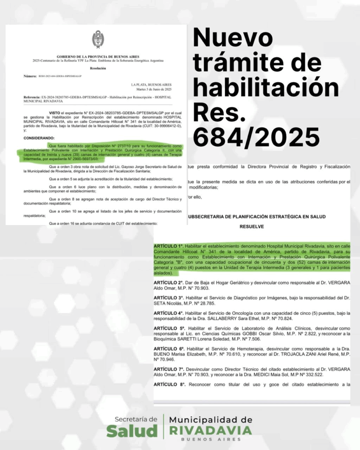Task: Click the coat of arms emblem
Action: pyautogui.click(x=98, y=40)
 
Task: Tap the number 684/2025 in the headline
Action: pyautogui.click(x=256, y=137)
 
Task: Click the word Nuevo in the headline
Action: pyautogui.click(x=233, y=38)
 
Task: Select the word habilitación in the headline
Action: pyautogui.click(x=266, y=88)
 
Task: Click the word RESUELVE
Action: pyautogui.click(x=251, y=227)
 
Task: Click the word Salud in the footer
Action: pyautogui.click(x=131, y=432)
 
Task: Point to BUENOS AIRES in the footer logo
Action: pyautogui.click(x=211, y=439)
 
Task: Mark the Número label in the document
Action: pyautogui.click(x=30, y=76)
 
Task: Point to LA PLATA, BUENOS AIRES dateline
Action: pyautogui.click(x=151, y=84)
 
